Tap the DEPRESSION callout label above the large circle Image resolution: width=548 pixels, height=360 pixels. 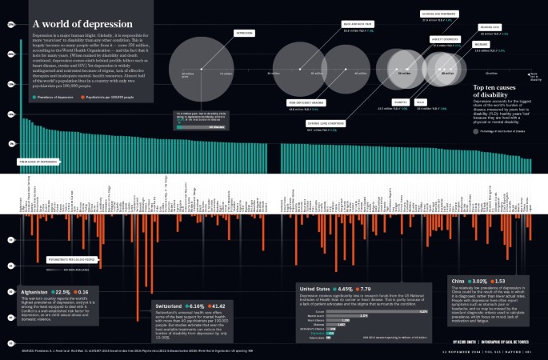244,34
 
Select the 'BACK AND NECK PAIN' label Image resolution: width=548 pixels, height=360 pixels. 358,25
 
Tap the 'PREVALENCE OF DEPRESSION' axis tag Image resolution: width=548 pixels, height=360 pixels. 38,162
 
